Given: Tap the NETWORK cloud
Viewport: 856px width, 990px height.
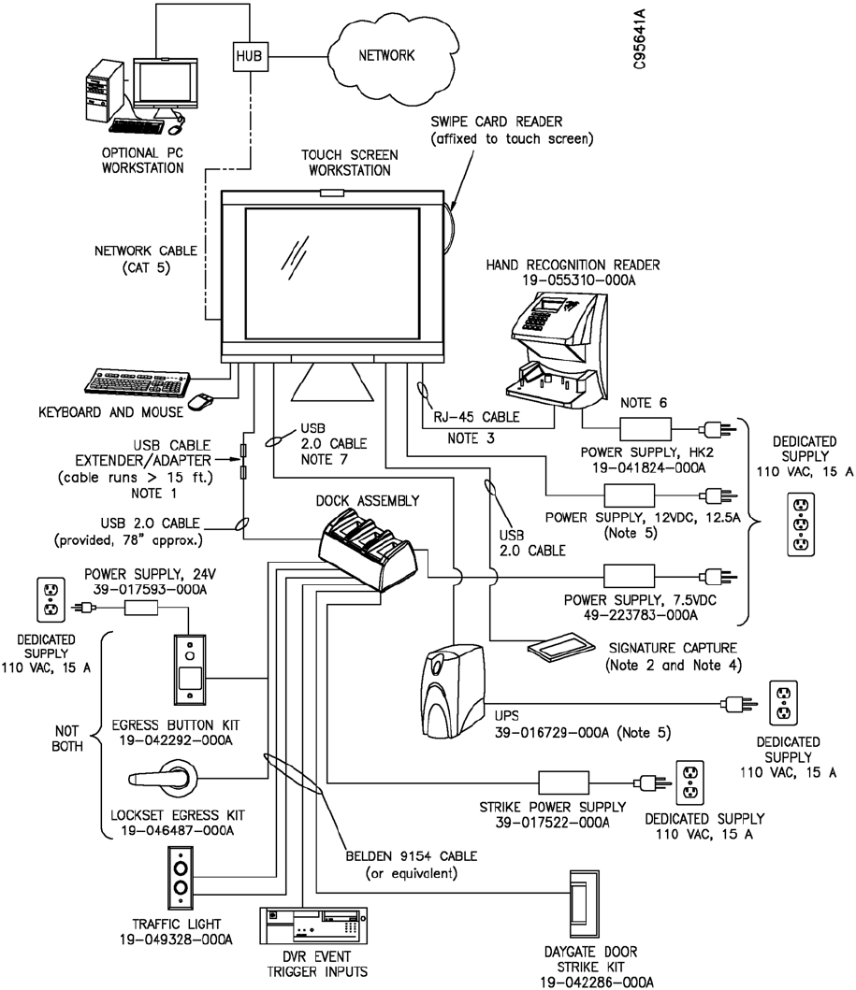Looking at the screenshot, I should [384, 55].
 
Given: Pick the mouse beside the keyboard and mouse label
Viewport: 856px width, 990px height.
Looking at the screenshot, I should [199, 400].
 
